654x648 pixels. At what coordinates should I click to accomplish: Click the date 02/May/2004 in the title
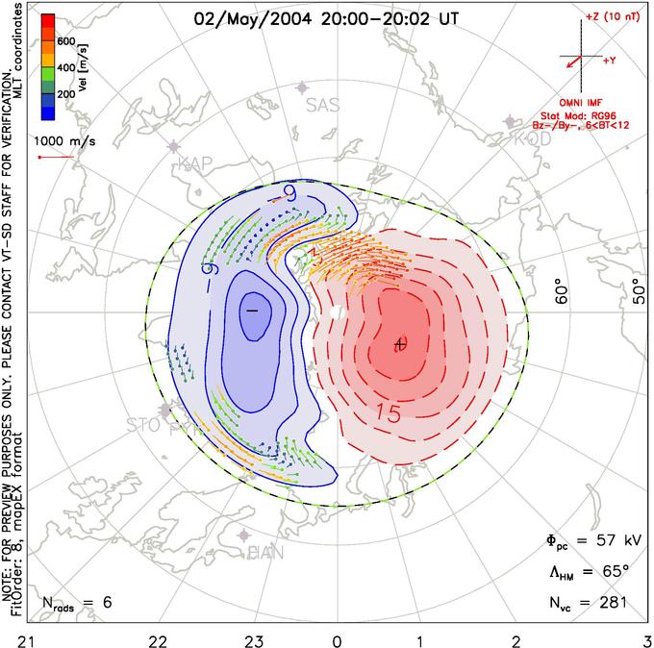[241, 17]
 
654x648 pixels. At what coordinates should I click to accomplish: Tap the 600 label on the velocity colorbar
[65, 40]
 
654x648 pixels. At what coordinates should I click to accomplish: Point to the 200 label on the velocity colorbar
[65, 95]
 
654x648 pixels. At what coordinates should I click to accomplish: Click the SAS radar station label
[322, 106]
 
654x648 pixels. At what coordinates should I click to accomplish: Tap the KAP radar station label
[195, 164]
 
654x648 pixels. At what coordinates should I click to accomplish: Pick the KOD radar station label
[532, 139]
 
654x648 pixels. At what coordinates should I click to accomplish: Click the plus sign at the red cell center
[401, 343]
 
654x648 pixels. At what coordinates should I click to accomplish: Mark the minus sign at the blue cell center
[253, 311]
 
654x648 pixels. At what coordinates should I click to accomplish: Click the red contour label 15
[388, 414]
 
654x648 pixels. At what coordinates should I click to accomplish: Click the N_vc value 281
[612, 603]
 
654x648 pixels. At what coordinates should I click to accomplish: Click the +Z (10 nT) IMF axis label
[605, 18]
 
